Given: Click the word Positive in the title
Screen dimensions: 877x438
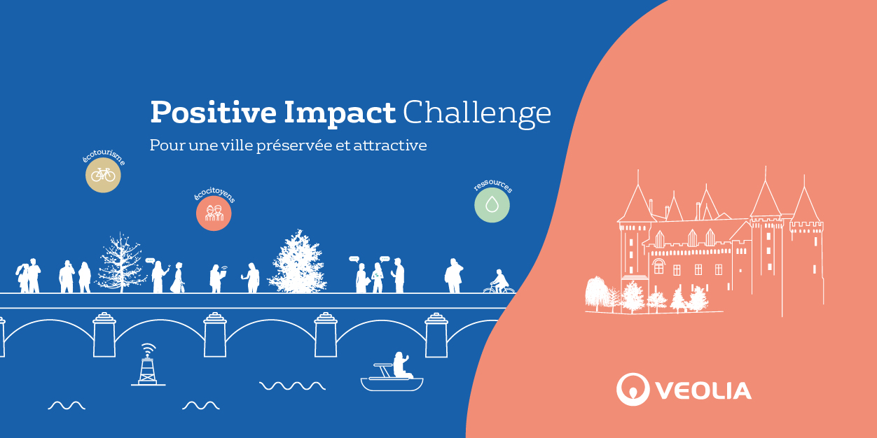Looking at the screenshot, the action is pyautogui.click(x=214, y=112).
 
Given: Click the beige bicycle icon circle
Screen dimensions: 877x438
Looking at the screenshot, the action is pyautogui.click(x=104, y=175).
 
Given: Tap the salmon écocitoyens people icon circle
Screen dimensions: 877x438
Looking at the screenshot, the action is pyautogui.click(x=214, y=213).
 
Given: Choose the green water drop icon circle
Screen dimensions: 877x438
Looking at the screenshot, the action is pyautogui.click(x=492, y=205).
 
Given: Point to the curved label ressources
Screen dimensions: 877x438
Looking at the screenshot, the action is pyautogui.click(x=493, y=185).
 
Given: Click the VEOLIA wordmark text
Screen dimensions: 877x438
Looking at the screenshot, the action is pyautogui.click(x=703, y=390).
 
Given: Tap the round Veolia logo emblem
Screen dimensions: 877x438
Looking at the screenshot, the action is pyautogui.click(x=633, y=389).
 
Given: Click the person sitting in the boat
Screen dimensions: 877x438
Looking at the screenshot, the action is pyautogui.click(x=401, y=365).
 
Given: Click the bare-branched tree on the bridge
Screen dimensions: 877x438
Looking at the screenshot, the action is pyautogui.click(x=120, y=263).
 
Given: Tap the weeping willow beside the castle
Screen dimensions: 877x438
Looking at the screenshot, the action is pyautogui.click(x=597, y=293).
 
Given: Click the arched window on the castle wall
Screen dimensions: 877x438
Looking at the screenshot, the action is pyautogui.click(x=658, y=266).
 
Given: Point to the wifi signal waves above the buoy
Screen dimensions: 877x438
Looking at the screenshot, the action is pyautogui.click(x=149, y=348).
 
